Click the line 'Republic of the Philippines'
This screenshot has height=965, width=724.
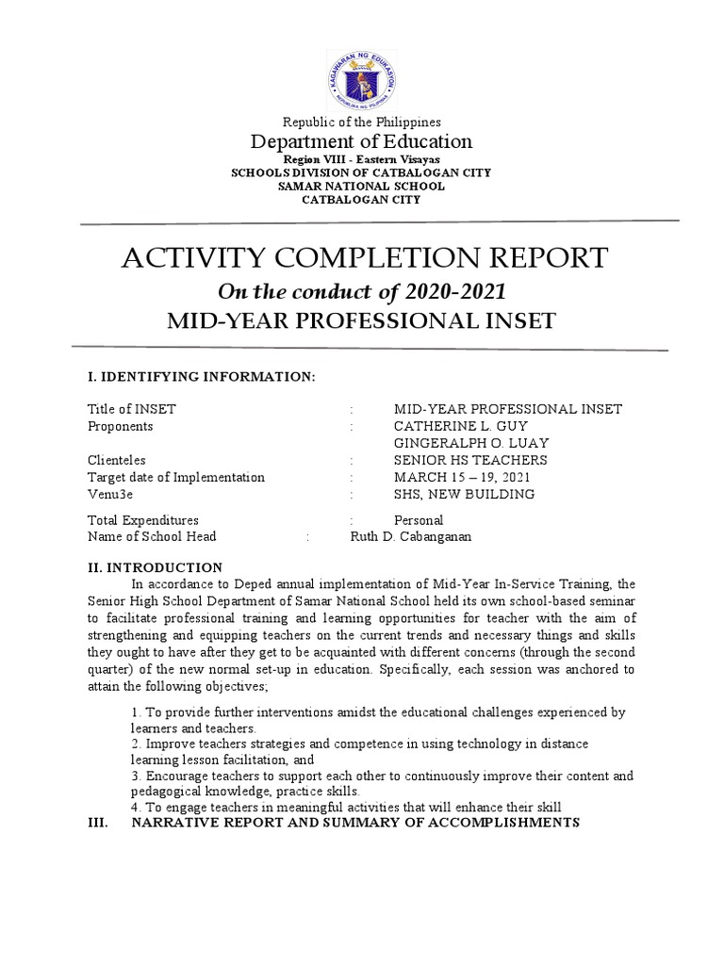(x=362, y=123)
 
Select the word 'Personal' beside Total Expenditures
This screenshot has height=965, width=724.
(x=419, y=519)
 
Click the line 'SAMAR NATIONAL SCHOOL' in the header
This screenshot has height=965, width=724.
(x=362, y=186)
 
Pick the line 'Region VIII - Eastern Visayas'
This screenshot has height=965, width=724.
(x=362, y=160)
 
